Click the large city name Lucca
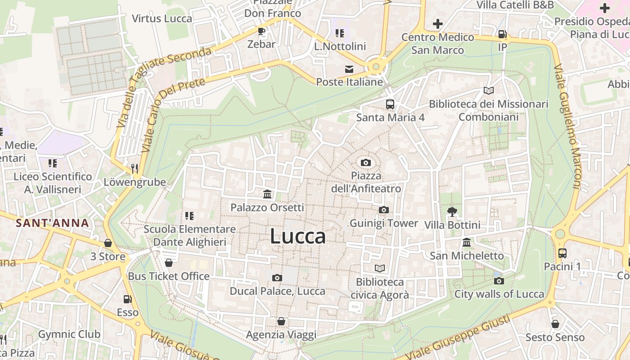tap(297, 236)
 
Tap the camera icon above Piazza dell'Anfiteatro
tap(366, 162)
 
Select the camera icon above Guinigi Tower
tap(383, 210)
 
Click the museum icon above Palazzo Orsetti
tap(267, 194)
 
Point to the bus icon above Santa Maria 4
tap(390, 104)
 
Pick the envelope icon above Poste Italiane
tap(349, 69)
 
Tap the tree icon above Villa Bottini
tap(452, 211)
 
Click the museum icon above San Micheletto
tap(467, 242)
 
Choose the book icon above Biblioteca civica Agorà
tap(380, 269)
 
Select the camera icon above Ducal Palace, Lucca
tap(277, 278)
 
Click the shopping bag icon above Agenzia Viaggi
tap(281, 321)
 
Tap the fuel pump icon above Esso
tap(128, 299)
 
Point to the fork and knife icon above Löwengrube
tap(135, 169)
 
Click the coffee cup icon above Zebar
tap(261, 31)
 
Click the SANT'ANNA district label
tap(52, 223)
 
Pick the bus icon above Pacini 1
tap(562, 253)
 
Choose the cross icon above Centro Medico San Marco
tap(437, 24)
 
